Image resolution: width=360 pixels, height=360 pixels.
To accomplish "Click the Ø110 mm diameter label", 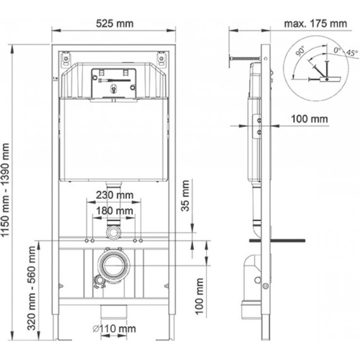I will click(113, 328).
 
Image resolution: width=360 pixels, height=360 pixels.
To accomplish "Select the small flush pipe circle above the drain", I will click(114, 233).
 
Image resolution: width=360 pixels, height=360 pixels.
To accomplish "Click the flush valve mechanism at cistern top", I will click(113, 81).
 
